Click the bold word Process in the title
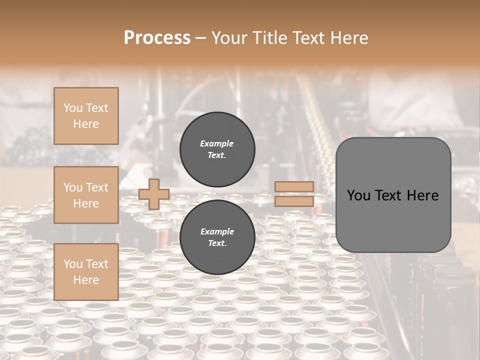(x=157, y=37)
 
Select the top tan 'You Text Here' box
(x=86, y=116)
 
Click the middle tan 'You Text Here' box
(x=86, y=195)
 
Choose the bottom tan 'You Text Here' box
(x=86, y=272)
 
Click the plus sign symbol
(x=153, y=194)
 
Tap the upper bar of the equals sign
(x=294, y=187)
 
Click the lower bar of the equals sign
(x=294, y=201)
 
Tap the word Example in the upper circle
(x=217, y=143)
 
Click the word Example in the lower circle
(x=217, y=231)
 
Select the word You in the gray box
(x=358, y=195)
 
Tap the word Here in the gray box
(x=424, y=195)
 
